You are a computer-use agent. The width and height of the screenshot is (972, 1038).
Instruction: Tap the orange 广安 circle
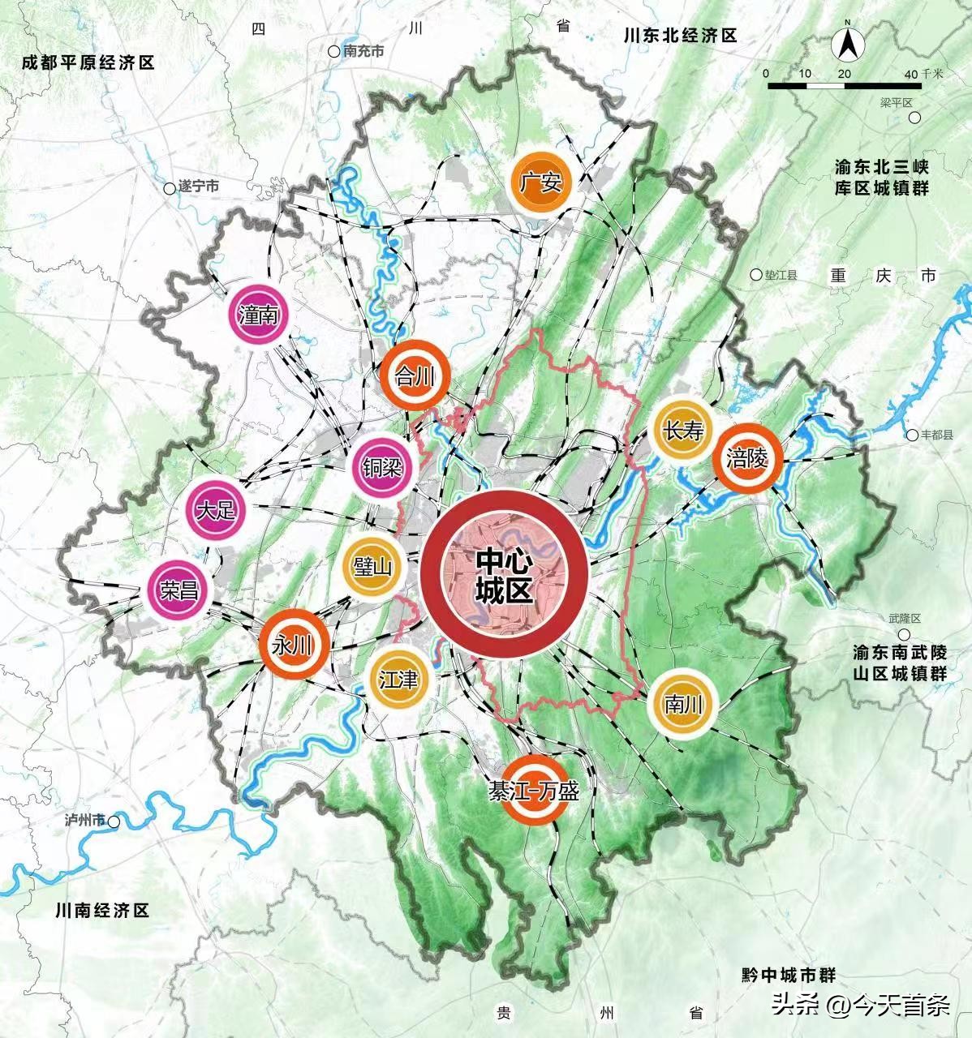point(540,182)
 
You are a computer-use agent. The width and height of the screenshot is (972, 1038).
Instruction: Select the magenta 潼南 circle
point(258,315)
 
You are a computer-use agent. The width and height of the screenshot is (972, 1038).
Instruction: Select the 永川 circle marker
point(292,646)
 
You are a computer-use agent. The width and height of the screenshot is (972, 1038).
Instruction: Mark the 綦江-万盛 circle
point(533,790)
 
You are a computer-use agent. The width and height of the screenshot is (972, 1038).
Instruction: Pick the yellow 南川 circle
point(682,703)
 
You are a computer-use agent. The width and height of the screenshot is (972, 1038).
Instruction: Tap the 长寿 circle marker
point(682,431)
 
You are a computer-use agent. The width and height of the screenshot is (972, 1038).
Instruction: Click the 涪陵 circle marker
point(746,459)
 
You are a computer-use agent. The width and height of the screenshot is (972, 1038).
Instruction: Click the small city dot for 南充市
point(333,51)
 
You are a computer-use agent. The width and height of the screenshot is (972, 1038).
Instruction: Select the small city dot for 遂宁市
point(169,188)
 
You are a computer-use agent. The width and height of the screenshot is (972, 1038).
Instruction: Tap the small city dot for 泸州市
point(114,821)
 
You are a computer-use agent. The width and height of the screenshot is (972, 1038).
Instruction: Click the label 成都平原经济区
point(88,63)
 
